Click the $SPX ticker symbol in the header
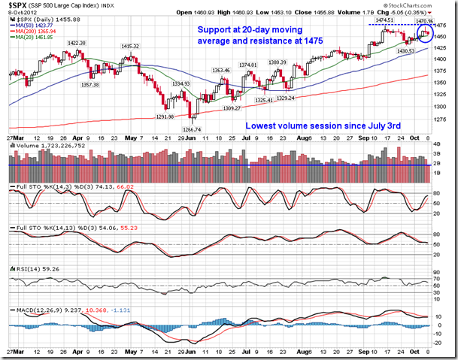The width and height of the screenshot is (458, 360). click(15, 6)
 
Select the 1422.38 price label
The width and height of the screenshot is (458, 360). click(77, 44)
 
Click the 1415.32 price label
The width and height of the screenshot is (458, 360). click(132, 46)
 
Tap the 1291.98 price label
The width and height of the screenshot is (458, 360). click(164, 116)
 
